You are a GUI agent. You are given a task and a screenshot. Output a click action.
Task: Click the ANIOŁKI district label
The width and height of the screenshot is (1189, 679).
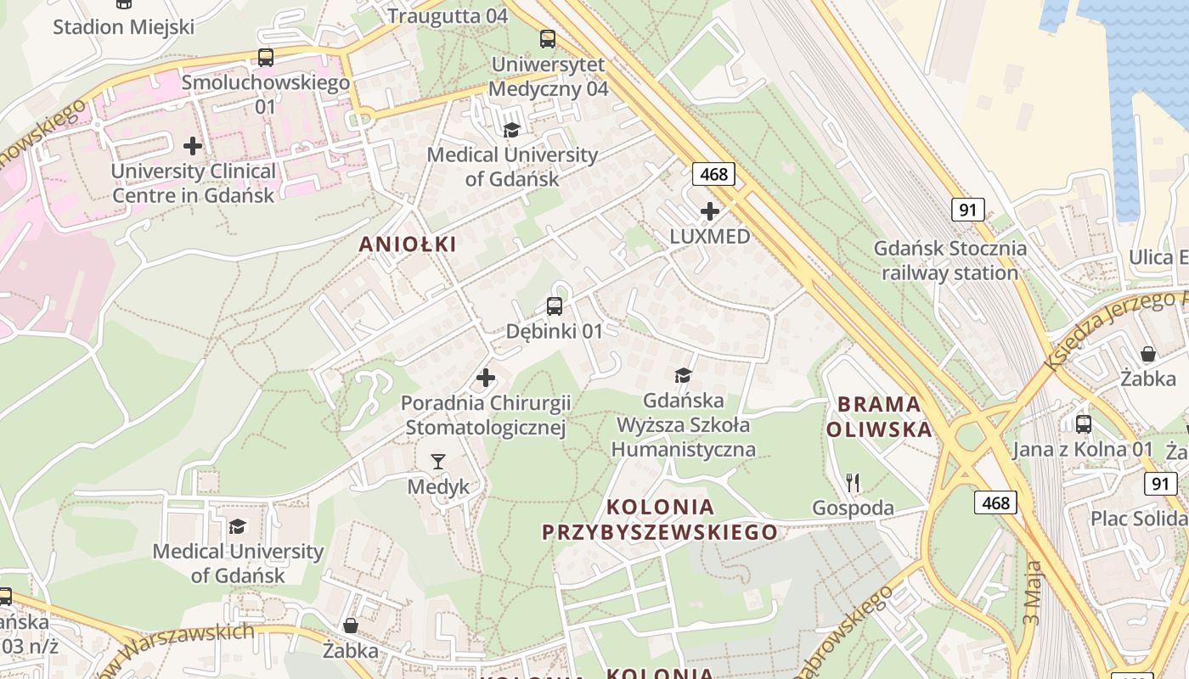coord(408,244)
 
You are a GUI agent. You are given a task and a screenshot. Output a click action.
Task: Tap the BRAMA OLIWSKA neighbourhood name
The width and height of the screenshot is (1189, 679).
coord(879,417)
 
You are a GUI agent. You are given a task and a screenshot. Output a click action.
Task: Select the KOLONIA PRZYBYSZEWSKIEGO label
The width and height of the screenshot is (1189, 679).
coord(660,519)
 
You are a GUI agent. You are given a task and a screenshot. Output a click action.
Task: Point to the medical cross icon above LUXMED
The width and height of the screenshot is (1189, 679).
coord(710,211)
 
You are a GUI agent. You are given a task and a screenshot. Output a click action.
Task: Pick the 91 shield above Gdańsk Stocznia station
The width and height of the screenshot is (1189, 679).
coord(967,210)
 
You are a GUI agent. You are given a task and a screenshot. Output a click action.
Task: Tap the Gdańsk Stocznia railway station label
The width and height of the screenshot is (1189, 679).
coord(950,261)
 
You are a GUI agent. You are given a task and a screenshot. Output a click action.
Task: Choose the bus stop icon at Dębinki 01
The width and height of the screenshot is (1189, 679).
coord(555,306)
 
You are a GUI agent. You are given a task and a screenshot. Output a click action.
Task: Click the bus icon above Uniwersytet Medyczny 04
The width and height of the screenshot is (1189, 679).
coord(548,38)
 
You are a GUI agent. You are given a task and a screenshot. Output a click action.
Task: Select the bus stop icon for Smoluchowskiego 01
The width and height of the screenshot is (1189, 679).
coord(266,58)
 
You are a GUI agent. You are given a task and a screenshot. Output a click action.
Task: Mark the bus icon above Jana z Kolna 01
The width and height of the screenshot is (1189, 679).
coord(1084,424)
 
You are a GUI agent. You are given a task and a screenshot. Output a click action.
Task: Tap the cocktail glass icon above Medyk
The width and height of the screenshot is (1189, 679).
coord(438,462)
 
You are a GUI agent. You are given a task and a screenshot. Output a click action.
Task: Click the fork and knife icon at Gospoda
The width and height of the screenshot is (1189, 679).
coord(854,483)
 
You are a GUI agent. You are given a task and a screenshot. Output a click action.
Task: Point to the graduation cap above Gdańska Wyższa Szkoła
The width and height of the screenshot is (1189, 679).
coord(683,375)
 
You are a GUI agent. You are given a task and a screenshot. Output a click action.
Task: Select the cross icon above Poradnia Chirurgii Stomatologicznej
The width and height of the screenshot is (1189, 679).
coord(486,377)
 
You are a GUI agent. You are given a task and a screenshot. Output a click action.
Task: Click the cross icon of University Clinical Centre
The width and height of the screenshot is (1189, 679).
coord(194,146)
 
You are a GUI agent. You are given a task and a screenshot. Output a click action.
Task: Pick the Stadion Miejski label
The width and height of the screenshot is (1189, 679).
coord(124,26)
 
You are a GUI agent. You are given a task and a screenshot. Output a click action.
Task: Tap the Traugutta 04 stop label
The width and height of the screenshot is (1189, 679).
coord(448,15)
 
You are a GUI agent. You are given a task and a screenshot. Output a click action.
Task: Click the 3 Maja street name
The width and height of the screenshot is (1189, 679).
coord(1032,592)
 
